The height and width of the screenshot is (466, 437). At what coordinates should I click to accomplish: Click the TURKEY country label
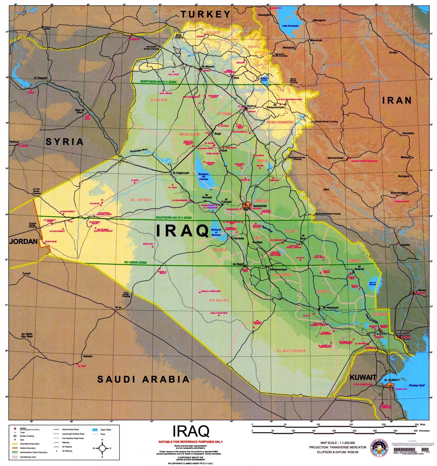click(206, 14)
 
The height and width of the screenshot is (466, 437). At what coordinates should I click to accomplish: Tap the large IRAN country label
click(397, 100)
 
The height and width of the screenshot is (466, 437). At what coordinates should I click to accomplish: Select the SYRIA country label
click(64, 142)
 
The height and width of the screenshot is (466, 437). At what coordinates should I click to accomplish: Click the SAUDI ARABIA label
click(143, 379)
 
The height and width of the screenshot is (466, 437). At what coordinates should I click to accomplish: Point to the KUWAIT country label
click(363, 377)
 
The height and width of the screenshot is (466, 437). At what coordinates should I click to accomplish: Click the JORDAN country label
click(23, 241)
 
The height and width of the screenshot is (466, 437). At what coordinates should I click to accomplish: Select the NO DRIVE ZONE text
click(135, 262)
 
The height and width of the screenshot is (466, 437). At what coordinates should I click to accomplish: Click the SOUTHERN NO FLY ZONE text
click(174, 218)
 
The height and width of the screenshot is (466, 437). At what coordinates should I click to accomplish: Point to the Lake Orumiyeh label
click(290, 26)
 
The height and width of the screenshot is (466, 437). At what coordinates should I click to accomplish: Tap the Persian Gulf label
click(417, 385)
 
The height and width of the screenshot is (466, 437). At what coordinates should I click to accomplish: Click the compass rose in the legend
click(102, 448)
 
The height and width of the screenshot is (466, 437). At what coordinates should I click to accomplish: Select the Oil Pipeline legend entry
click(67, 447)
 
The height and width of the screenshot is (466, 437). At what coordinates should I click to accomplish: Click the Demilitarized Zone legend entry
click(28, 457)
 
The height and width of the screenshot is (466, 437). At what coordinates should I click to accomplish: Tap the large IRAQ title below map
click(191, 431)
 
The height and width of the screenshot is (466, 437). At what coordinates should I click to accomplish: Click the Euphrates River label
click(139, 150)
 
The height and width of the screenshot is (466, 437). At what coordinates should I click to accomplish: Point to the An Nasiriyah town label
click(330, 308)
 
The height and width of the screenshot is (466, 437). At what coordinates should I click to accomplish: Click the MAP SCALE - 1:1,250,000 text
click(337, 443)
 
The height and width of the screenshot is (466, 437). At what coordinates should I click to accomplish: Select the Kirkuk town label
click(252, 106)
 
